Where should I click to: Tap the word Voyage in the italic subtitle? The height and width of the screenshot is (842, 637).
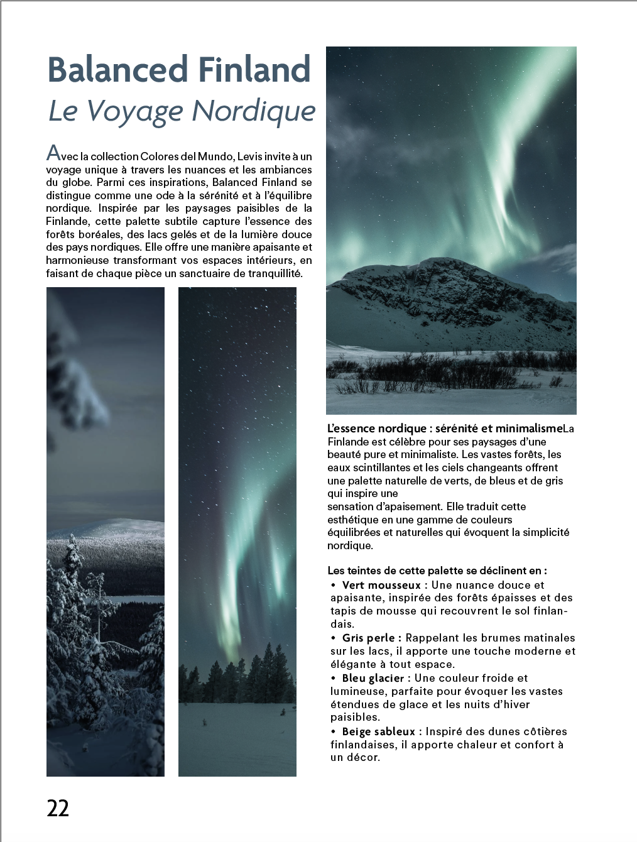click(134, 111)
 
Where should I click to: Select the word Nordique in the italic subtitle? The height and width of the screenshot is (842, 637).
click(253, 111)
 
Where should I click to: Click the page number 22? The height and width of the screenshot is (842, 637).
click(58, 808)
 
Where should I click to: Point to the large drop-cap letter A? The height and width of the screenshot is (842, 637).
click(53, 153)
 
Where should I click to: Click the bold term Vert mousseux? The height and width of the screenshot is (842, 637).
click(381, 585)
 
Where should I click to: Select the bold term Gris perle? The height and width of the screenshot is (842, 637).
click(368, 638)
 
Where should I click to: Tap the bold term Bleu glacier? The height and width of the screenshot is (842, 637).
click(373, 678)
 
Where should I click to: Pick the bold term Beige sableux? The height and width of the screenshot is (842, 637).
click(378, 731)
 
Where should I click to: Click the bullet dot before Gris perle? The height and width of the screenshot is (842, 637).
click(334, 638)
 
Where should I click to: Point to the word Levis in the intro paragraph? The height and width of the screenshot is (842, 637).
click(250, 156)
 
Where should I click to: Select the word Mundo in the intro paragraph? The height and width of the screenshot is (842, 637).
click(215, 156)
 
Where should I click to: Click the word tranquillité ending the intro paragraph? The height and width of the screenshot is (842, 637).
click(275, 273)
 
